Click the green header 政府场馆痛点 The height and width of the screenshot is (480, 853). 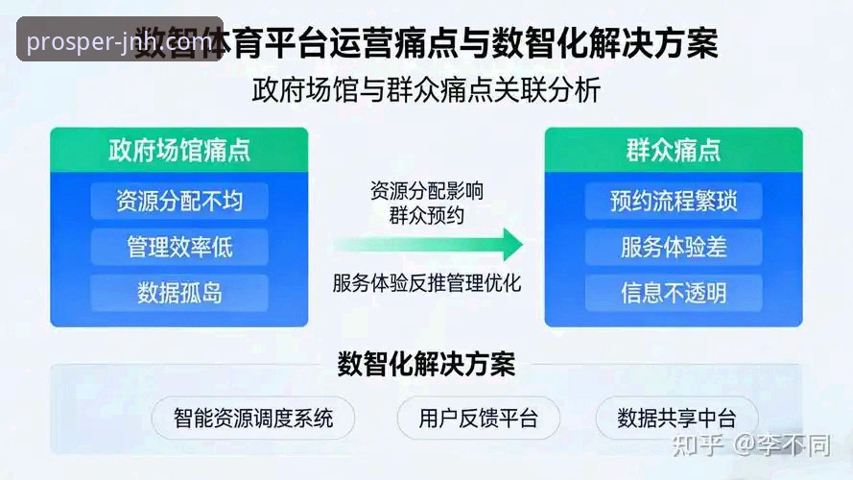pos(179,151)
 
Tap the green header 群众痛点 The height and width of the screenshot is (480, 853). pos(673,151)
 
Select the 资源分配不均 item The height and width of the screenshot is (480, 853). pos(179,202)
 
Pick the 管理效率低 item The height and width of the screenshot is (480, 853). pos(179,247)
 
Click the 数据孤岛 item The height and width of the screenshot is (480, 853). pos(179,293)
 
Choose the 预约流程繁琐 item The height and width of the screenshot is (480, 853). pos(673,202)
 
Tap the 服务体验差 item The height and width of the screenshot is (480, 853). pos(673,247)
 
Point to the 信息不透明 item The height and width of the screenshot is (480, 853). pos(673,293)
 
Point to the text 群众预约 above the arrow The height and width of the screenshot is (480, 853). pos(427,215)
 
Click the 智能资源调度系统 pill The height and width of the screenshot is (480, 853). pos(253,419)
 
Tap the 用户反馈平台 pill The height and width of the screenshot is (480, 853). pos(478,419)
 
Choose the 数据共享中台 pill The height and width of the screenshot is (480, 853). pos(676,419)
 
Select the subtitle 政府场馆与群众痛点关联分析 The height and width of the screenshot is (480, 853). pos(427,91)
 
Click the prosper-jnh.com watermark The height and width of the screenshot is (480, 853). pos(120,41)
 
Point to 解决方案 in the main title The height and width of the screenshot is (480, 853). pos(645,43)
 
